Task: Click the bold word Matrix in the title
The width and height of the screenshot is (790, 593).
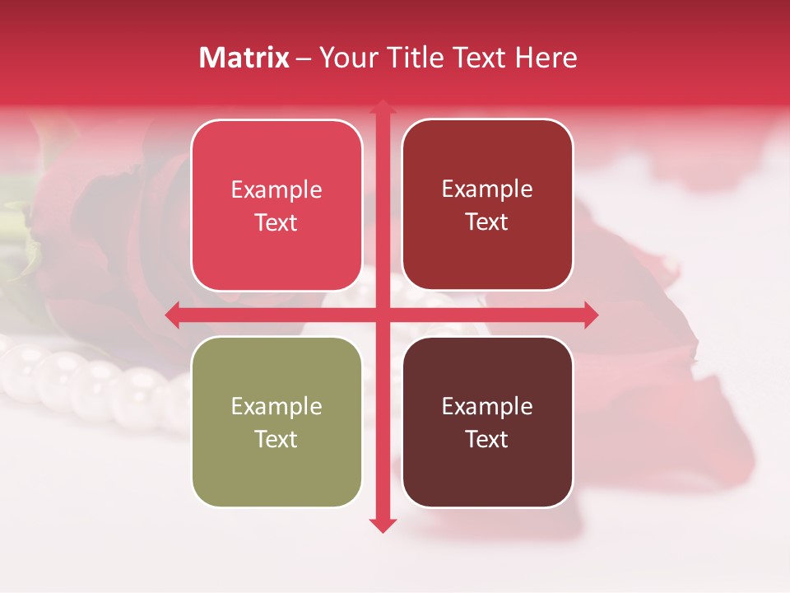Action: (244, 58)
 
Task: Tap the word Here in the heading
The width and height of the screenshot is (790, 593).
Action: (546, 58)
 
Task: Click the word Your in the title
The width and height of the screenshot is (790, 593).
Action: (346, 58)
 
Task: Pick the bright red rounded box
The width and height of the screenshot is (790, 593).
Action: (276, 205)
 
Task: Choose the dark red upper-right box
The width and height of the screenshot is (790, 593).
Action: (487, 205)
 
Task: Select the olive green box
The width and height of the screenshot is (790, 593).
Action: (276, 422)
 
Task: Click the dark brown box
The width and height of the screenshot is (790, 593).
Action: (487, 422)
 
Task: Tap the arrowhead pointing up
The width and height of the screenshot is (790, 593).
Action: (382, 105)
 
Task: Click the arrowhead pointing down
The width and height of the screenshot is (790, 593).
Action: (382, 525)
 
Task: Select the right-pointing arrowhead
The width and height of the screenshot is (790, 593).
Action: (590, 315)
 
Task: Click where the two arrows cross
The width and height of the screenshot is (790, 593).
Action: (382, 315)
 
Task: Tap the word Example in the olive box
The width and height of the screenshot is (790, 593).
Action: (276, 406)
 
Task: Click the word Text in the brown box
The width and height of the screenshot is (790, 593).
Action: (487, 439)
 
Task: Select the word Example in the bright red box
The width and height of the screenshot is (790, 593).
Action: (276, 189)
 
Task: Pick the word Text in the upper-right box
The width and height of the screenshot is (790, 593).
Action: (487, 222)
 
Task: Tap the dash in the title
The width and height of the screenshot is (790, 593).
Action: (304, 58)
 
